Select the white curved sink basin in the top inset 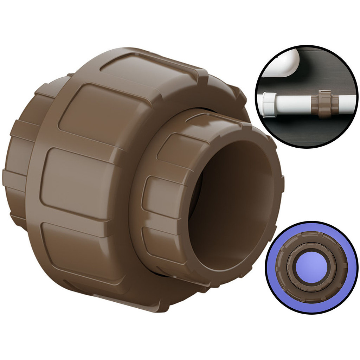[x=281, y=63]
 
